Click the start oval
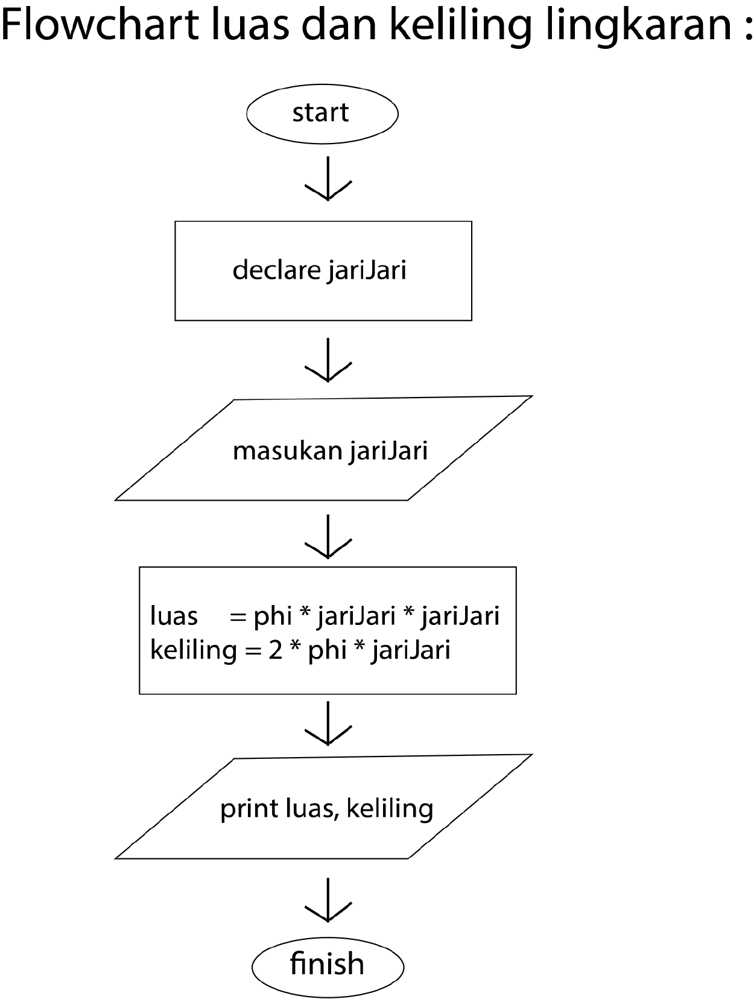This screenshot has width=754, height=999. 322,113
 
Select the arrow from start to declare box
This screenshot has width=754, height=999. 328,179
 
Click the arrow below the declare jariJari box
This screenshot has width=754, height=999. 328,360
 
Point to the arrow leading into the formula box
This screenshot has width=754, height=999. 328,537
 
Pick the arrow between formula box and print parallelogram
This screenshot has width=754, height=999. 328,723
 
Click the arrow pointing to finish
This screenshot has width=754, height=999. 328,900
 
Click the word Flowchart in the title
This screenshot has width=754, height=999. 100,25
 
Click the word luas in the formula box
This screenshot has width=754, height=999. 174,617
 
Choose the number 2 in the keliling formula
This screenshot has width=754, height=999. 275,650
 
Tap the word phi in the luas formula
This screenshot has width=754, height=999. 273,617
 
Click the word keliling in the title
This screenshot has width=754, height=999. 461,25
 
